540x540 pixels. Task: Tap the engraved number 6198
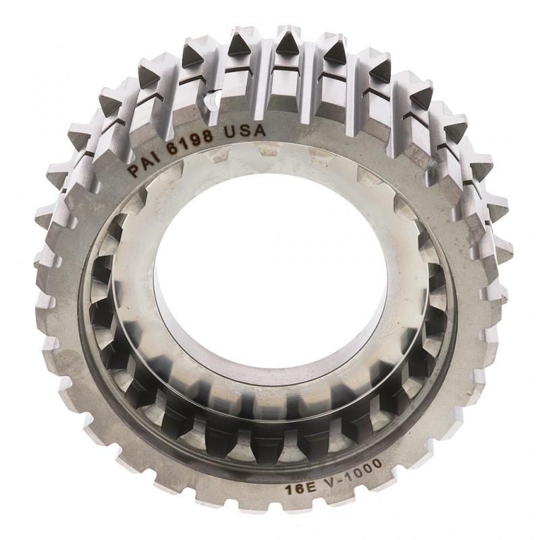point(190,139)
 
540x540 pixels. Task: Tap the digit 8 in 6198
point(207,135)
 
